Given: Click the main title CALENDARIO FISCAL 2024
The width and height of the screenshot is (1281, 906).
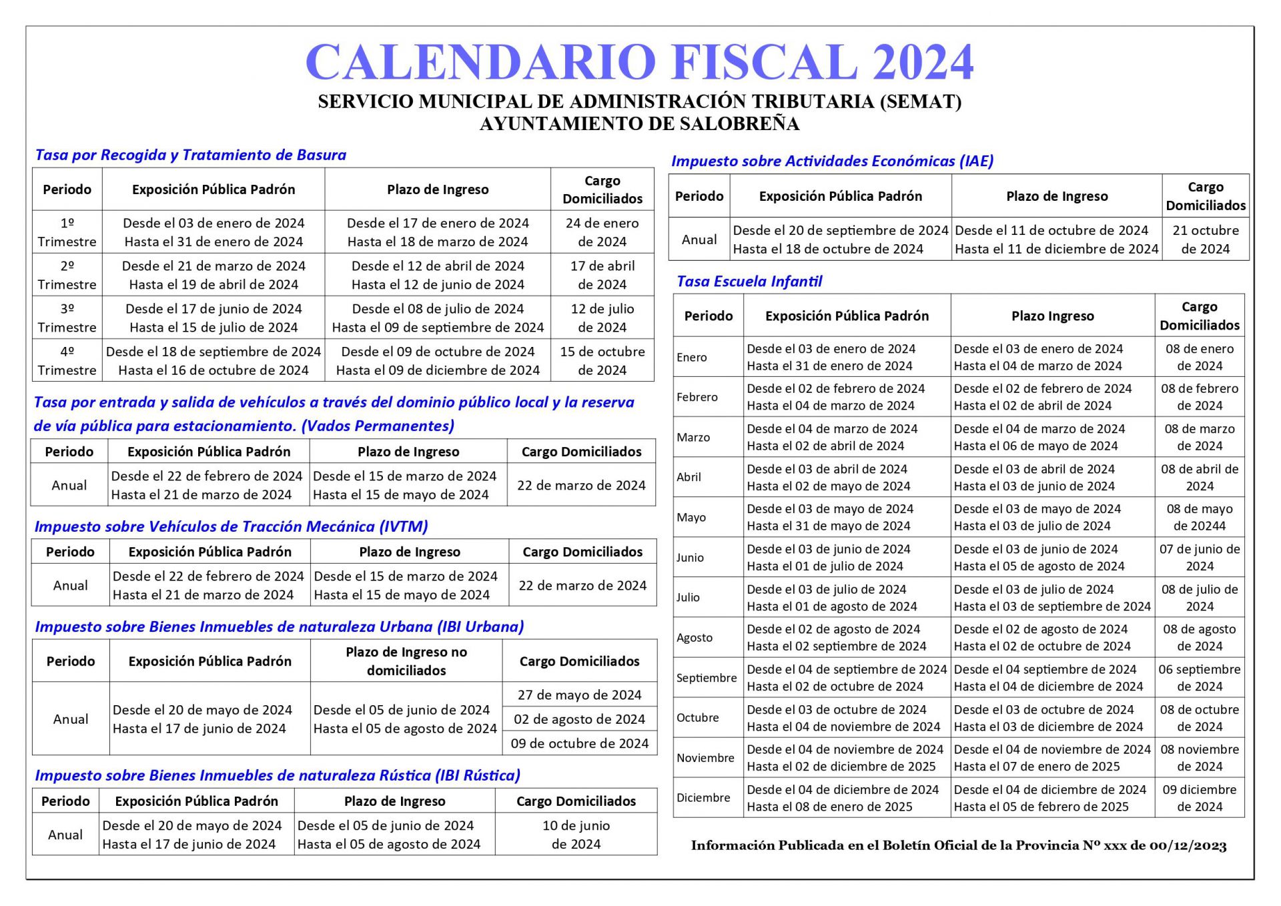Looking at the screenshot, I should (639, 62).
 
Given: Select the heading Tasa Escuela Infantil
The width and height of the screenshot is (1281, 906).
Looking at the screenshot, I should (749, 281).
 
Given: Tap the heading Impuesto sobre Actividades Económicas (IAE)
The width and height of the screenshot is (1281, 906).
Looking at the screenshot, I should (832, 161).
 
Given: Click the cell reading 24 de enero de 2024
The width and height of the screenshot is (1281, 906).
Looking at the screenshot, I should (602, 232).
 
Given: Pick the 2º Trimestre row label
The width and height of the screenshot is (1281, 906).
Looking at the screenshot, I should (67, 275).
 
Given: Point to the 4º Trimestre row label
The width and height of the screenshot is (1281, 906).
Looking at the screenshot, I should (67, 360).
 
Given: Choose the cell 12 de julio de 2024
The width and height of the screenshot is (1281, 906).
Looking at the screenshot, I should (602, 318).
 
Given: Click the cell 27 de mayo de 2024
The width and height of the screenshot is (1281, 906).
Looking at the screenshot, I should (579, 695).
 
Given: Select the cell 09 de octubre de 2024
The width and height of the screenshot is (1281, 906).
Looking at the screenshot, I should (579, 743).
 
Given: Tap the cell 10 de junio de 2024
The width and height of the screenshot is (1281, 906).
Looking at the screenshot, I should (576, 835).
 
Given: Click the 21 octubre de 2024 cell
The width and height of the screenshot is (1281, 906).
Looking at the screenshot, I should (1205, 240).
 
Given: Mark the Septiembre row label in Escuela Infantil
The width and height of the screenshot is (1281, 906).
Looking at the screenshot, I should (707, 678).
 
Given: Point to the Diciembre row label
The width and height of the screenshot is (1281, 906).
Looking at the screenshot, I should (703, 798).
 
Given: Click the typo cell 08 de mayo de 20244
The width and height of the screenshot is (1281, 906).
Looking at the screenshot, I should (1199, 517).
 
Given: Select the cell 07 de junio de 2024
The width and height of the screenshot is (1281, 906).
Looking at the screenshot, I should (1199, 557).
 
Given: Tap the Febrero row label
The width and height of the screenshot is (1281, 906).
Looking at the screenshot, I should (697, 397).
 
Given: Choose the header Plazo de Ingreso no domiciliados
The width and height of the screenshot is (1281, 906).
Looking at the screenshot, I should (406, 661).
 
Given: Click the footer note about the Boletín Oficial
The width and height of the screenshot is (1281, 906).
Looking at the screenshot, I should (958, 846).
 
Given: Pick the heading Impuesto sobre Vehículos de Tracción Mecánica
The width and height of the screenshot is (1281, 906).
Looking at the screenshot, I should (231, 526).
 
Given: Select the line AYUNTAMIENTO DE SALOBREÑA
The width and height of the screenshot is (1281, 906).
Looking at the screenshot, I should (639, 124).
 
